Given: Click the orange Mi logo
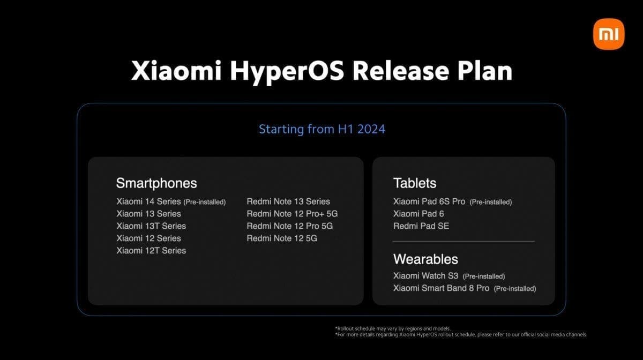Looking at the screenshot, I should tap(609, 34).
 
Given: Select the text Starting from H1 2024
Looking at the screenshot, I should tap(322, 129).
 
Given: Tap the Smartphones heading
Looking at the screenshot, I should tap(156, 183).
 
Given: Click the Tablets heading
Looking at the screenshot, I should tap(415, 183).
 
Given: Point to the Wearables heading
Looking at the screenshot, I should tap(425, 259).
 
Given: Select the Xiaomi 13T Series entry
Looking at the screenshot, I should tap(151, 226).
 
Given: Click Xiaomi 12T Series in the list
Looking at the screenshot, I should tap(151, 250).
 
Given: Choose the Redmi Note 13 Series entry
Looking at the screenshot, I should tap(288, 201).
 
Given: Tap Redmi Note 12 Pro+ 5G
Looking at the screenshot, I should tap(292, 214).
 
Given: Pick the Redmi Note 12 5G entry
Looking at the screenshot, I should tap(282, 238).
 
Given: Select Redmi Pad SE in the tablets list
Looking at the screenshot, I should tap(421, 226).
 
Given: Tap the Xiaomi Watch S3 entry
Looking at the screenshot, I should tap(426, 276).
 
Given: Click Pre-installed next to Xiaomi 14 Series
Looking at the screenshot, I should tap(205, 202).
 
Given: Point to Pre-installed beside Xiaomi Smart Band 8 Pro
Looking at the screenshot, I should tap(514, 289).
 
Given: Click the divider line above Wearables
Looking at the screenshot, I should tap(463, 242).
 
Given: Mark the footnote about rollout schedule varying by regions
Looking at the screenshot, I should tap(392, 328).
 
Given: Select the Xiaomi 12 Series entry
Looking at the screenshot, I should tap(148, 238).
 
